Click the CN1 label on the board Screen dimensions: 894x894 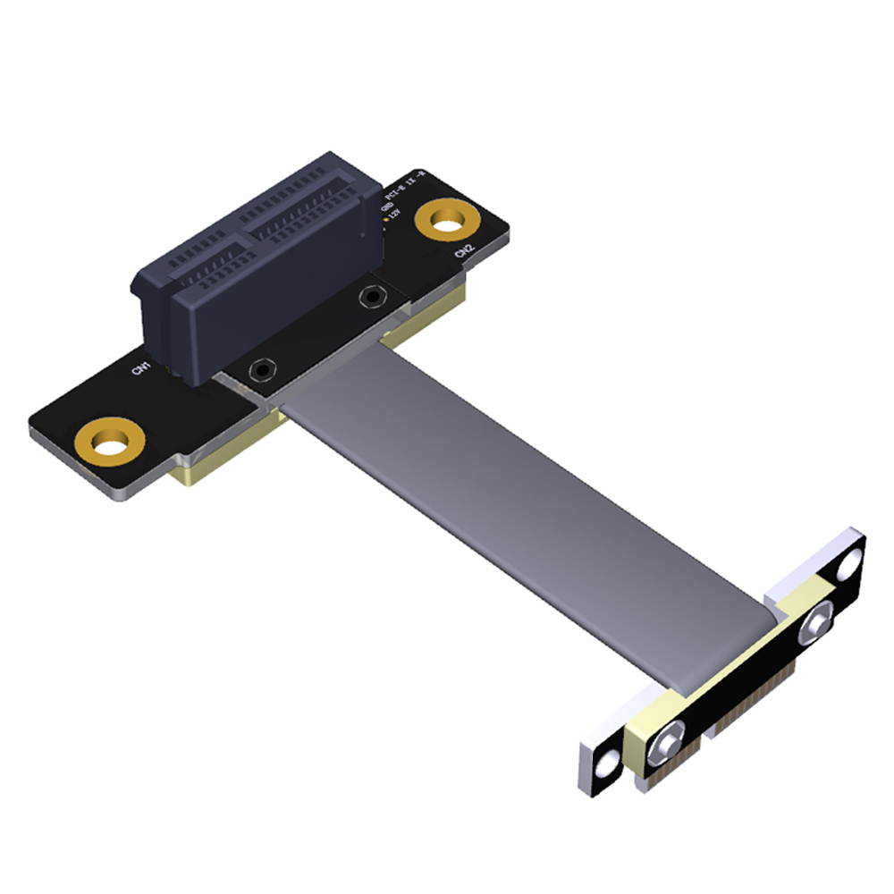pyautogui.click(x=140, y=367)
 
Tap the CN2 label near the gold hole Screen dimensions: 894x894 pyautogui.click(x=464, y=254)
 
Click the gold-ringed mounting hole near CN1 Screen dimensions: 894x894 pyautogui.click(x=110, y=442)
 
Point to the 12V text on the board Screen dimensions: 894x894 pyautogui.click(x=395, y=215)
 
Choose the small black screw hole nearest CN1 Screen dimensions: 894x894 pyautogui.click(x=261, y=367)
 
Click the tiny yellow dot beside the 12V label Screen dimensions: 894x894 pyautogui.click(x=385, y=218)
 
